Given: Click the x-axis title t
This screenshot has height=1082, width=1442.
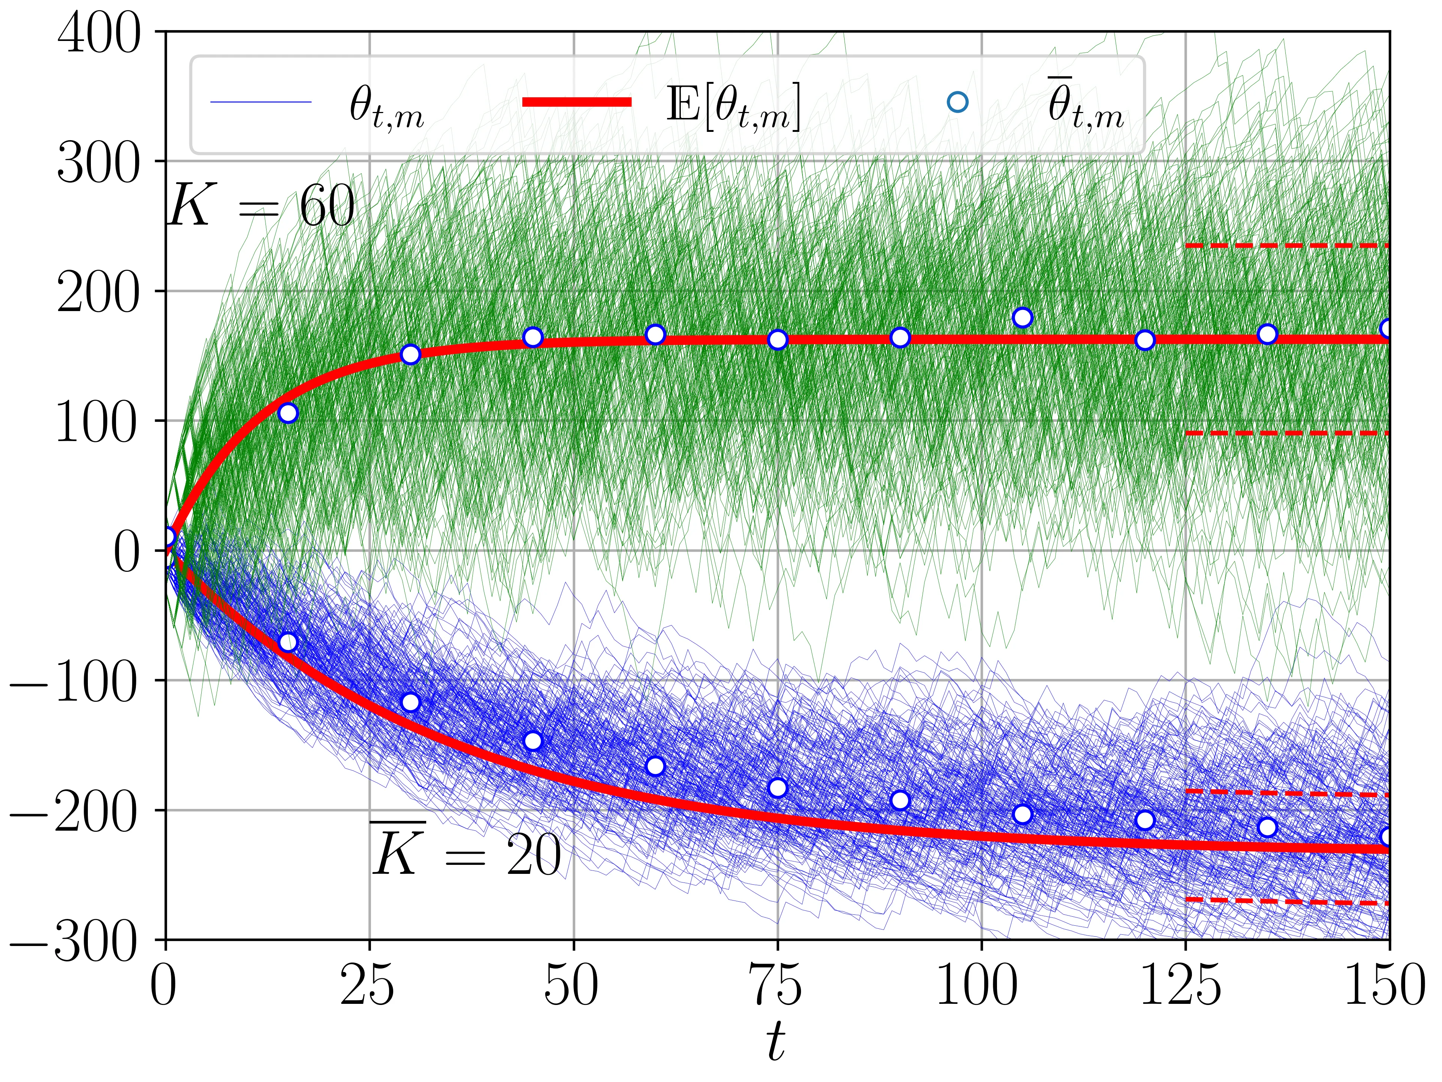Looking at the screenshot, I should point(775,1041).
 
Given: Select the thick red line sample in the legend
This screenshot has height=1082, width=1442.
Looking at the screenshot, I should point(577,102).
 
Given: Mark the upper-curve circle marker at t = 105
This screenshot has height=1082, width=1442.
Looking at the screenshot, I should point(1022,317).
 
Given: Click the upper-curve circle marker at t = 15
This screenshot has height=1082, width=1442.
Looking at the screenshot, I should point(288,414).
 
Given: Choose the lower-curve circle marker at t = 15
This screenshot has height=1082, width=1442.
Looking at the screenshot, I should point(288,642).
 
